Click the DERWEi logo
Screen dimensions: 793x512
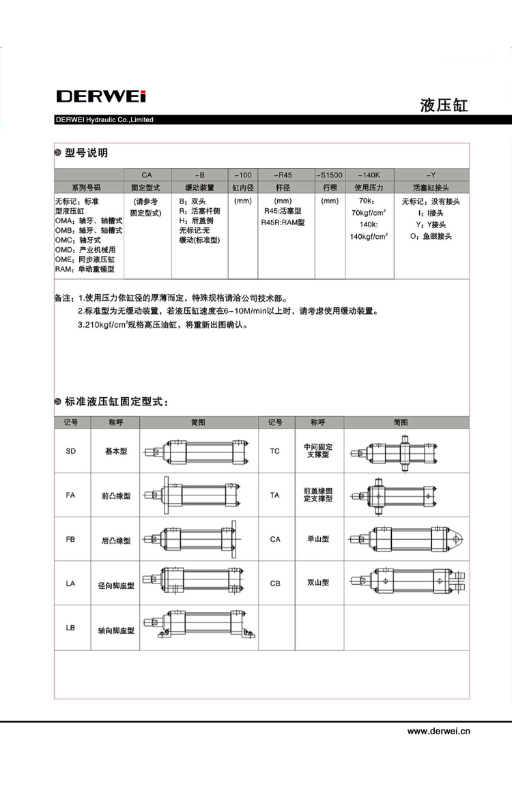coord(100,96)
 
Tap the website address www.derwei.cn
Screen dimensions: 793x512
coord(439,731)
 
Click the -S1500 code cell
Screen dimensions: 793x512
coord(330,175)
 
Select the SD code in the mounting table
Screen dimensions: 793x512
coord(71,451)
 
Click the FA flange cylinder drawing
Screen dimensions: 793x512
coord(200,495)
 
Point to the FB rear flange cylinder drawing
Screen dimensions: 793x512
coord(200,539)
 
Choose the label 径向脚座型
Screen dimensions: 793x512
coord(115,586)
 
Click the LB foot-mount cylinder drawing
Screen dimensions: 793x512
coord(200,627)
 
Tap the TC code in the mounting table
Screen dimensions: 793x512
coord(274,451)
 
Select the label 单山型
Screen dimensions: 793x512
coord(318,539)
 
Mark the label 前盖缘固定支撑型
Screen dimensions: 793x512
coord(318,495)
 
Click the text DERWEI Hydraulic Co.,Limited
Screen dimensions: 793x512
coord(104,120)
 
